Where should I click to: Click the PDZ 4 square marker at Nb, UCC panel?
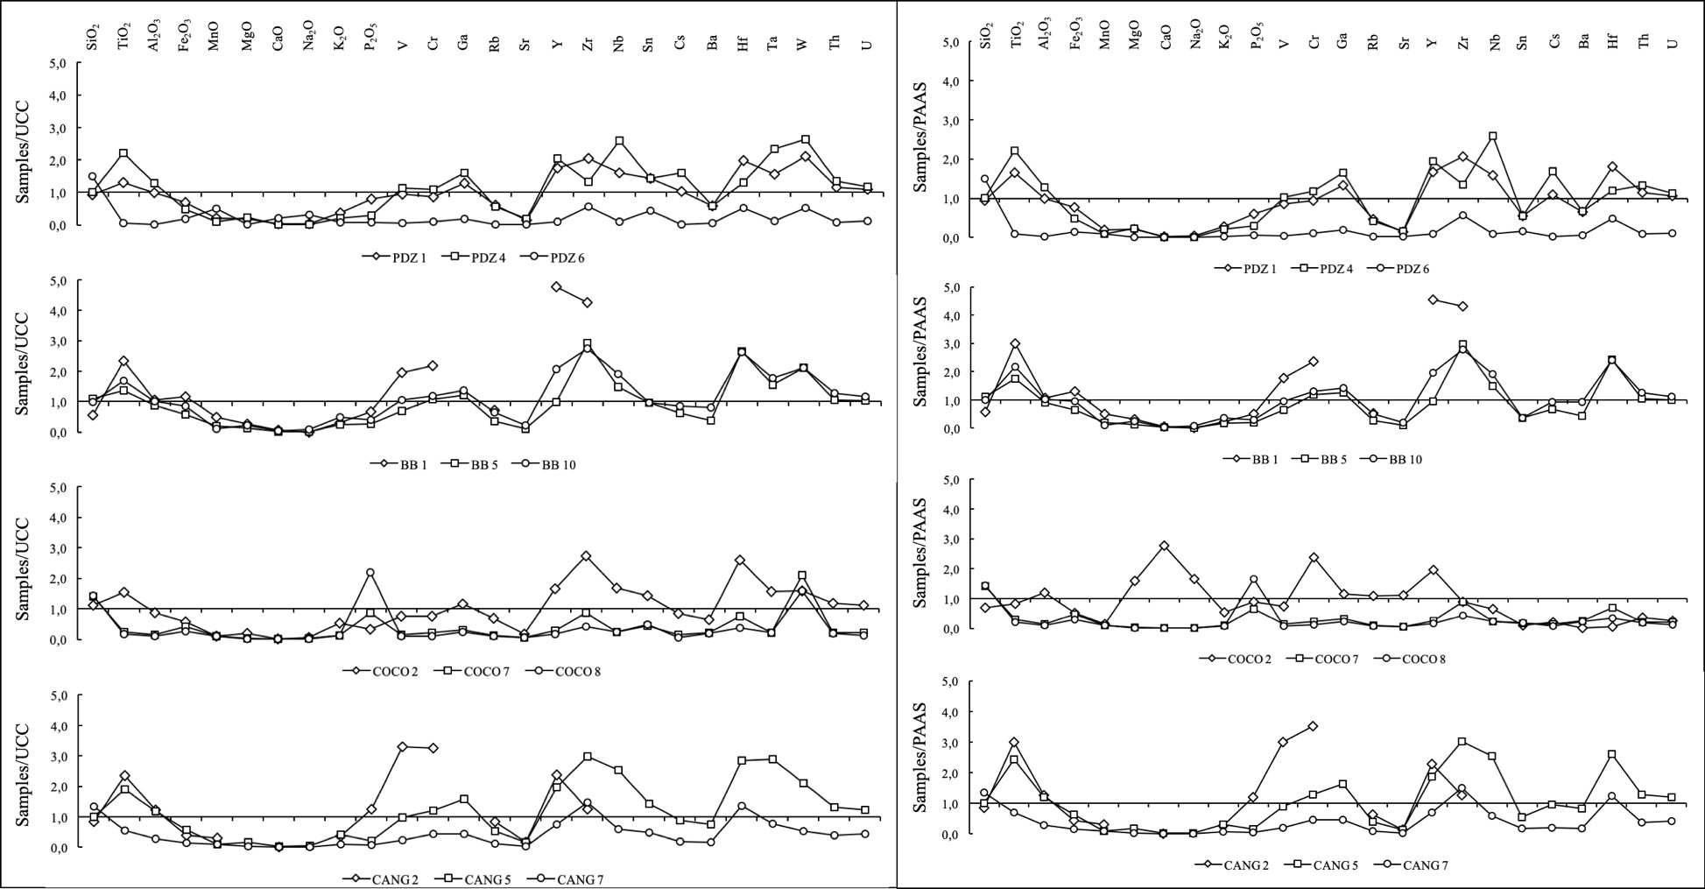(x=619, y=141)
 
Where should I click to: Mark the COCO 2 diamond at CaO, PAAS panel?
(x=1164, y=546)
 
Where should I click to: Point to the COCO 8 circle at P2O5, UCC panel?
(x=370, y=573)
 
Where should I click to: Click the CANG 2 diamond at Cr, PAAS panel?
(x=1313, y=726)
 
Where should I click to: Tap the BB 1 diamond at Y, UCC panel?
(x=556, y=286)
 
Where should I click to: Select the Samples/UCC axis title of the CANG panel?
(x=24, y=775)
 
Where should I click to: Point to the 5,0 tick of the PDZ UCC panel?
(x=60, y=64)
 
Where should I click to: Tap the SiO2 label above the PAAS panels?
(x=987, y=36)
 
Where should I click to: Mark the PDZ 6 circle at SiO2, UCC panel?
(x=93, y=176)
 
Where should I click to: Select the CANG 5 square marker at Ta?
(x=772, y=758)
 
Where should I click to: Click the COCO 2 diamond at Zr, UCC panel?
(x=586, y=556)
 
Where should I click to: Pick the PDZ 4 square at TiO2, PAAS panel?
(x=1015, y=152)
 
